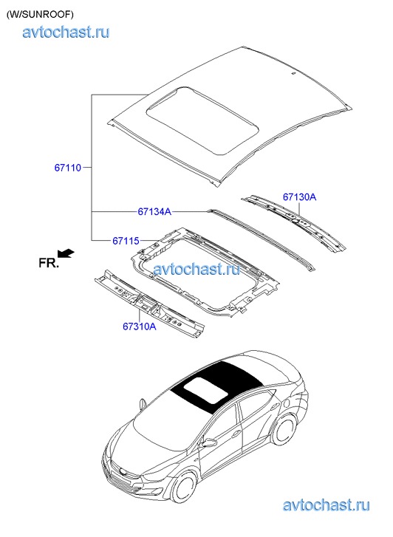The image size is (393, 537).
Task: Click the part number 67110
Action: (x=68, y=168)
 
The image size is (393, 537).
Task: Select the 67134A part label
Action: (x=154, y=212)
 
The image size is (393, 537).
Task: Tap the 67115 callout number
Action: (x=126, y=241)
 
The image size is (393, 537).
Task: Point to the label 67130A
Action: (x=299, y=197)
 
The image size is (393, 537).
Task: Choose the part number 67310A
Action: (x=140, y=326)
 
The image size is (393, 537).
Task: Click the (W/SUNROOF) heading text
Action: (x=39, y=14)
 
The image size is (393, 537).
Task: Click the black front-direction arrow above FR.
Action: (x=66, y=253)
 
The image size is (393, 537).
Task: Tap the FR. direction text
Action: (x=49, y=263)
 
